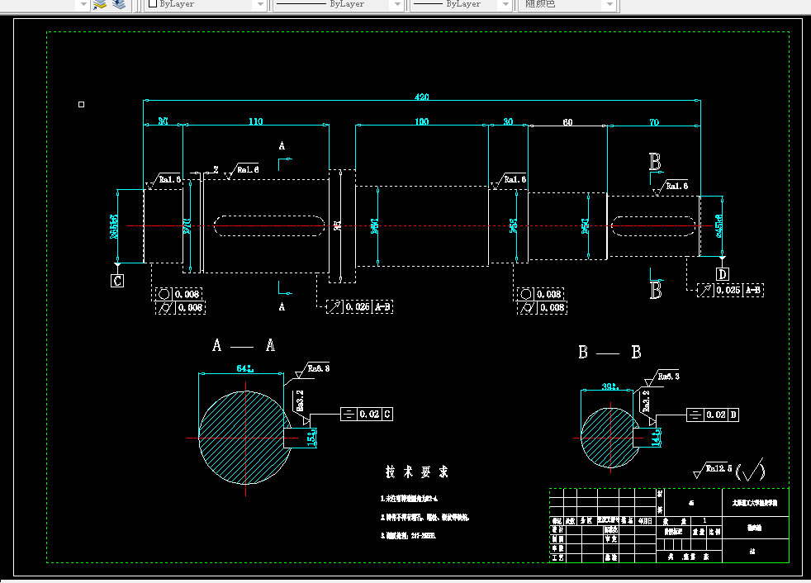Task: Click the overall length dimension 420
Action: point(421,97)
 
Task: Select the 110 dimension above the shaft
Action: point(255,122)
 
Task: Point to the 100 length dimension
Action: point(421,122)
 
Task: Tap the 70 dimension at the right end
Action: point(654,122)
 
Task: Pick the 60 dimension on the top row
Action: point(567,122)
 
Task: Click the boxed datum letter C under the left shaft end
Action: point(117,281)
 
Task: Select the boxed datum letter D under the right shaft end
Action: point(722,274)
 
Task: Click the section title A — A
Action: point(244,345)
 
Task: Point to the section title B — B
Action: point(609,353)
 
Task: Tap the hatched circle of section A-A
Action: point(244,438)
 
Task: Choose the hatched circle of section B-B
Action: point(609,435)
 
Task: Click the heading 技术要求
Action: point(417,472)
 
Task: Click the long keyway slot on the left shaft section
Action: point(268,224)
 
